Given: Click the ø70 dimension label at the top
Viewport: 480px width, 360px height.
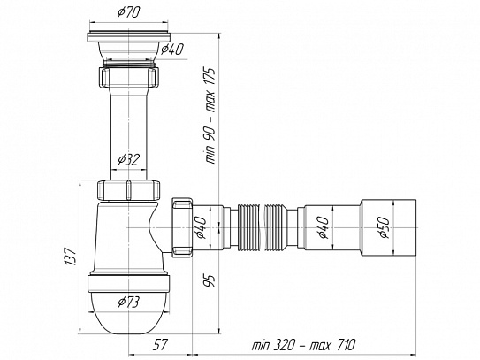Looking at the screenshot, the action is pos(129,12).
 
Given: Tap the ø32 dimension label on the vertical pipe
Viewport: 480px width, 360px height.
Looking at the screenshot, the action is pos(129,159).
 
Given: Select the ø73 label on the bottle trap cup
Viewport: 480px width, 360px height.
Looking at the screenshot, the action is pos(129,303).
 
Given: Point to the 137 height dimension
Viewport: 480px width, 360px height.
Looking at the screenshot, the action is pos(70,257).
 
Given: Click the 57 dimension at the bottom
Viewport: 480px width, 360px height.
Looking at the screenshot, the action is pos(160,345).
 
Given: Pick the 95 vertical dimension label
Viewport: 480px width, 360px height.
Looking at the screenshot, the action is pos(210,280).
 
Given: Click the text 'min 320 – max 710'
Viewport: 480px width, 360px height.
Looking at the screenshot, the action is pos(304,345).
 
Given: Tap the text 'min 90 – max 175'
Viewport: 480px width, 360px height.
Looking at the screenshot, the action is pos(210,116).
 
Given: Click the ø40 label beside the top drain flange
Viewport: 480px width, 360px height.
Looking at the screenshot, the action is pos(172,49).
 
